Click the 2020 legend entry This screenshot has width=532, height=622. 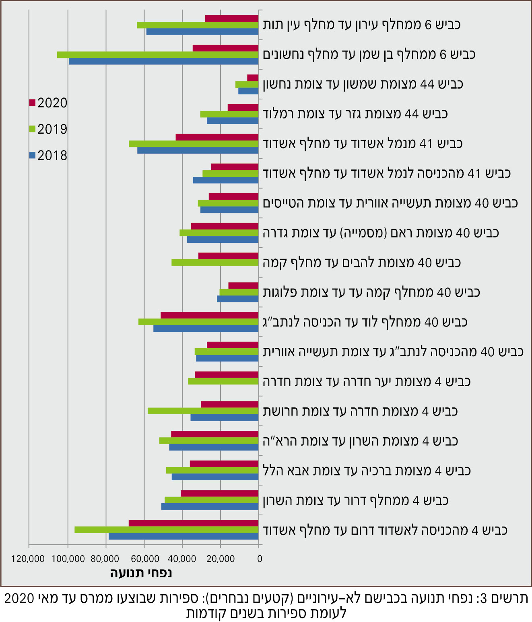coord(48,103)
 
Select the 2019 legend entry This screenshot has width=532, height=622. coord(48,129)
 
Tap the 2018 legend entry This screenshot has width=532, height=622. coord(48,155)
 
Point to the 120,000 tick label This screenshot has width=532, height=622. coord(28,559)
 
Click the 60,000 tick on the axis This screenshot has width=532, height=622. coord(144,559)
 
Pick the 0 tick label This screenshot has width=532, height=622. coord(260,559)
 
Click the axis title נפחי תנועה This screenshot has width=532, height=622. coord(141,573)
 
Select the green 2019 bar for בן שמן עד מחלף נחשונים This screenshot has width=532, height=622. coord(158,55)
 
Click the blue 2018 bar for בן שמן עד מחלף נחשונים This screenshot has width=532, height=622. coord(163,61)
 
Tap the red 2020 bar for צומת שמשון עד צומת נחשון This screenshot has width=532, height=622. coord(253,78)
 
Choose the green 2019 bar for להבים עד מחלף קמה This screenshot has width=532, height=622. coord(215,262)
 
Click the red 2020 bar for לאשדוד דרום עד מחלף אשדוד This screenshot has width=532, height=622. coord(194,523)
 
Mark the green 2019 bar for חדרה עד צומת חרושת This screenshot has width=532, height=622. coord(203,411)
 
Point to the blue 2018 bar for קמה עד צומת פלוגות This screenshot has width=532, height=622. coord(237,299)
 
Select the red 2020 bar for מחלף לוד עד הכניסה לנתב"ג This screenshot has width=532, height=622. coord(209,315)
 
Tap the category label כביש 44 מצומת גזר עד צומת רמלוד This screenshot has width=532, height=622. coord(355,114)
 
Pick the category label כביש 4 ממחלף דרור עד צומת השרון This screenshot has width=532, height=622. coord(355,500)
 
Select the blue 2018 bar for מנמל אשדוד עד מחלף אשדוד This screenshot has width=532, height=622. coord(198,151)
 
